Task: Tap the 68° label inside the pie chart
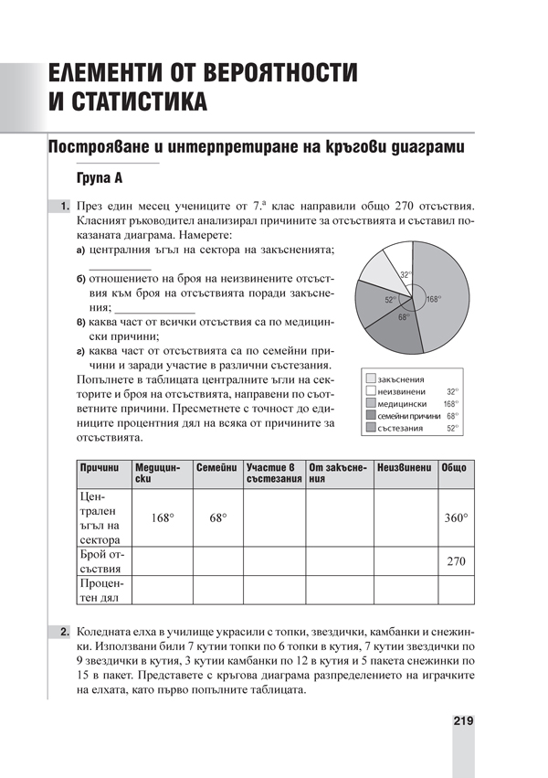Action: pyautogui.click(x=403, y=317)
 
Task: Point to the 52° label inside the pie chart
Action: pyautogui.click(x=389, y=299)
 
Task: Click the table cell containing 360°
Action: pyautogui.click(x=455, y=517)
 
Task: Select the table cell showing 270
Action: pyautogui.click(x=455, y=561)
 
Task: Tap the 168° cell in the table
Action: pyautogui.click(x=162, y=517)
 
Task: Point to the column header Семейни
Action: pyautogui.click(x=216, y=467)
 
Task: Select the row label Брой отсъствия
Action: pyautogui.click(x=100, y=561)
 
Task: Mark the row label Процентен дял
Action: pyautogui.click(x=100, y=590)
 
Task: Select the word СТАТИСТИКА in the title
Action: pyautogui.click(x=127, y=101)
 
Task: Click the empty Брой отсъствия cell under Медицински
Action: pyautogui.click(x=162, y=561)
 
